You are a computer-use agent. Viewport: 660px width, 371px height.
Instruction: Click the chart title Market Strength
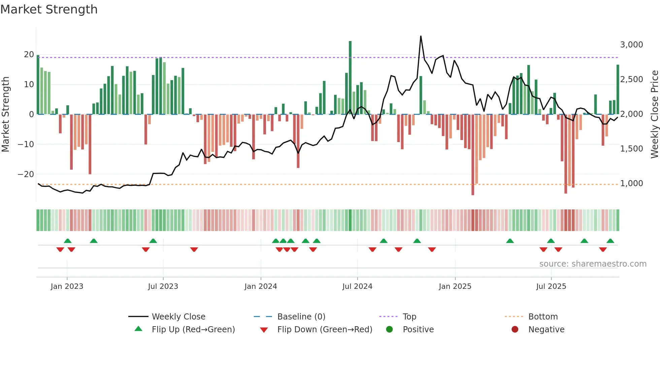point(49,9)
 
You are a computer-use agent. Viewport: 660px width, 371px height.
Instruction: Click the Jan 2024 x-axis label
point(261,286)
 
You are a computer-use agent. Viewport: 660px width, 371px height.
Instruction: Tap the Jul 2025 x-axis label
point(551,286)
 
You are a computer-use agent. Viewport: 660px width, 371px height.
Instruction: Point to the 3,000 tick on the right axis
point(631,45)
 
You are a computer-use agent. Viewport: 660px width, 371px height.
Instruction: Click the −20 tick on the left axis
point(26,174)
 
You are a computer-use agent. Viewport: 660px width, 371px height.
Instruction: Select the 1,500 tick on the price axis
point(631,149)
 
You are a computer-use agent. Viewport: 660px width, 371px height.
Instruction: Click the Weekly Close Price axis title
point(654,114)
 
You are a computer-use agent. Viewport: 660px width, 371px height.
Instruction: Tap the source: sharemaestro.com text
point(593,264)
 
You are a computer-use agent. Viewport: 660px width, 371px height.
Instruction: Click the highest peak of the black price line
point(421,36)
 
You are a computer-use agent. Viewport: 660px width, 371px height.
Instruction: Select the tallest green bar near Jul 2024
point(350,77)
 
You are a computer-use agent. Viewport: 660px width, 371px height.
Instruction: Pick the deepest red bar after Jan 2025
point(473,155)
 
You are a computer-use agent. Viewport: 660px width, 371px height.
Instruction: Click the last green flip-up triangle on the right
point(610,241)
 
